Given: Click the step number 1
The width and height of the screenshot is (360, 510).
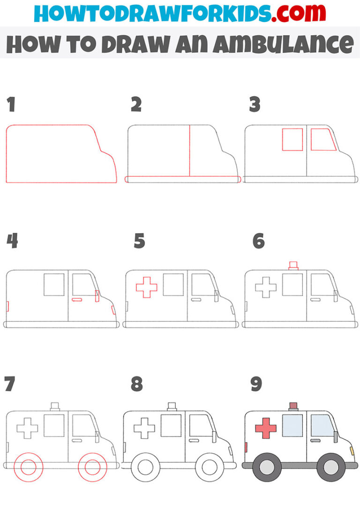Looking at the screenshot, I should click(11, 105).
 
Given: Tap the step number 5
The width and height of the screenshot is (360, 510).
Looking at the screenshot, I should click(139, 241).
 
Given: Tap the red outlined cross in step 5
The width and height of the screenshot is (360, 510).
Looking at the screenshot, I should click(146, 287).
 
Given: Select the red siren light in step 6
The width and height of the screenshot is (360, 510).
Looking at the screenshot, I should click(294, 266).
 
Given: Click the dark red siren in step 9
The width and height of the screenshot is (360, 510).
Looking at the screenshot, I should click(293, 405).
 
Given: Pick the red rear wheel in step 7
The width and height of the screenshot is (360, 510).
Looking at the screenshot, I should click(29, 466).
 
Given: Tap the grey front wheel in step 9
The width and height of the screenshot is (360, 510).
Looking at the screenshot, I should click(331, 466).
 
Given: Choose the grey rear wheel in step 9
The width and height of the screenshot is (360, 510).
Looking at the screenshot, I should click(266, 466).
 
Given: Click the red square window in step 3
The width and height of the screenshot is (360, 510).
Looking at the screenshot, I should click(292, 139).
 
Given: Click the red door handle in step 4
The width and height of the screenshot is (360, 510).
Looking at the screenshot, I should click(76, 299).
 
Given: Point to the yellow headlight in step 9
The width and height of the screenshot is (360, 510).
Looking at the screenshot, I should click(352, 450).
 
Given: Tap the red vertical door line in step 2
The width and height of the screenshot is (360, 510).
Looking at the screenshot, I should click(189, 150).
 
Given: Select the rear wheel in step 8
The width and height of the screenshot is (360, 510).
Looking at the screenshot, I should click(146, 466).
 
